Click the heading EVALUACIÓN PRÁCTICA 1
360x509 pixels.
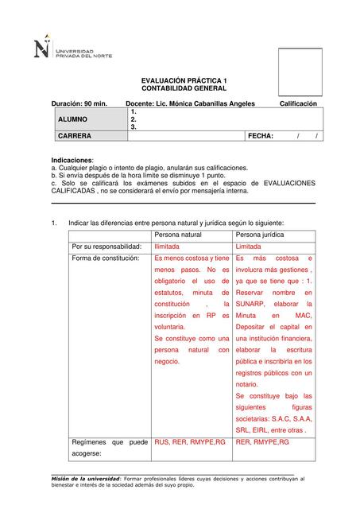[184, 81]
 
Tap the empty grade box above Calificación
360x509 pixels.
[300, 72]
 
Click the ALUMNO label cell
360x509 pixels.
[72, 119]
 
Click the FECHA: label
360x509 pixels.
[261, 136]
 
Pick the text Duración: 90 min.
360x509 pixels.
[79, 104]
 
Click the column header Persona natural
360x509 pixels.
[178, 235]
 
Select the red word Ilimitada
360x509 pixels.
[167, 247]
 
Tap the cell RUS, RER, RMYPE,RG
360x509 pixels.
[190, 441]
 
